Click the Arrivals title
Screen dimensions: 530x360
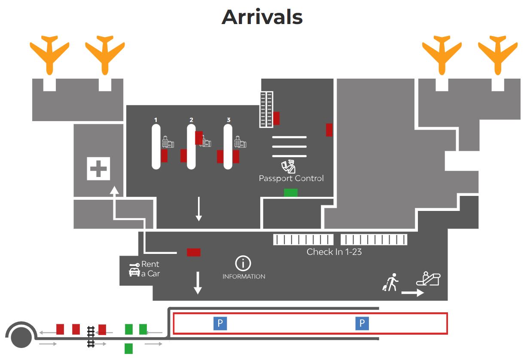tap(262, 17)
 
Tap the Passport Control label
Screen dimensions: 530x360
tap(291, 178)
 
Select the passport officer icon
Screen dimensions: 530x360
tap(289, 167)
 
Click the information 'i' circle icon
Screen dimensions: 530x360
tap(243, 263)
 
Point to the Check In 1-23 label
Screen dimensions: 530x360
tap(334, 252)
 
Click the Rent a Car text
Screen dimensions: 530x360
tap(150, 269)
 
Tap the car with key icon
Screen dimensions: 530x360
tap(134, 269)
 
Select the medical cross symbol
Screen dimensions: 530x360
tap(98, 169)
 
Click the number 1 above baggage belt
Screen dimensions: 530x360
tap(155, 120)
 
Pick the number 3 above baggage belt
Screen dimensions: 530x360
tap(228, 120)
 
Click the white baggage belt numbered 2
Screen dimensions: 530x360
tap(191, 147)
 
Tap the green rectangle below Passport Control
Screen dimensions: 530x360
tap(291, 192)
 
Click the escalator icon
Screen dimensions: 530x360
tap(428, 278)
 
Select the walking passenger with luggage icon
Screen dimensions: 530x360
tap(391, 282)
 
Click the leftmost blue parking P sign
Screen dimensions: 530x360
tap(220, 323)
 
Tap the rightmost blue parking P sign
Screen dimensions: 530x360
tap(362, 323)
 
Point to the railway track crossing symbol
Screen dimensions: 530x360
tap(91, 337)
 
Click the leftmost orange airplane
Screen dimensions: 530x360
tap(49, 55)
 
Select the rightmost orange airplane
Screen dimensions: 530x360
tap(498, 55)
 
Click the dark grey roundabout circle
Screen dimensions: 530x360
tap(21, 338)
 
